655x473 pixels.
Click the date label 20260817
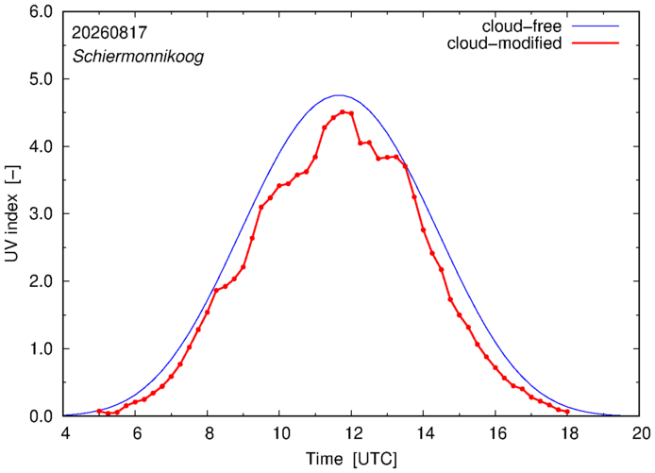coord(109,33)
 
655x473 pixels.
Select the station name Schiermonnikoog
coord(139,56)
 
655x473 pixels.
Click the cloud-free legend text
coord(522,26)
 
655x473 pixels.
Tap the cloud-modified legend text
coord(504,43)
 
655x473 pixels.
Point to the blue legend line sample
coord(596,26)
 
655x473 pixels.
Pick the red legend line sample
coord(596,43)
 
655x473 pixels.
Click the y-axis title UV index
coord(12,213)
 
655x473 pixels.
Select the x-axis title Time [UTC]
coord(351,459)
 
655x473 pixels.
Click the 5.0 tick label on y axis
coord(42,79)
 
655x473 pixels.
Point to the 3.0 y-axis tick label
coord(42,214)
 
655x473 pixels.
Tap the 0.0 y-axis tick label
coord(42,416)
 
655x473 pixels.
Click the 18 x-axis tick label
coord(568,433)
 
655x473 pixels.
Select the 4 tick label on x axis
coord(65,433)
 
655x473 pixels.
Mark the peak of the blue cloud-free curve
coord(339,95)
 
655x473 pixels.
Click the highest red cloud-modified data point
coord(342,112)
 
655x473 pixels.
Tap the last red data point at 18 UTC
coord(567,412)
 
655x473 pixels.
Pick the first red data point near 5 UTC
coord(99,411)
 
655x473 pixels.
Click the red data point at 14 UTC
coord(423,229)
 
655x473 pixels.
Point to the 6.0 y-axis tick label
coord(42,11)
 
